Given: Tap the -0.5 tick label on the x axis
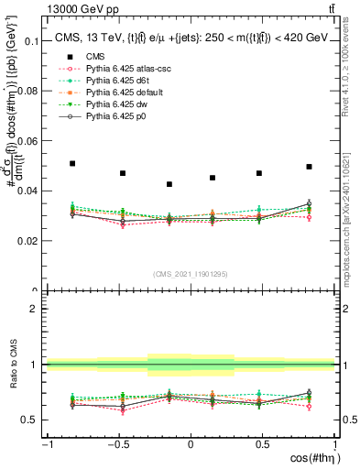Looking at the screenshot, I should (x=117, y=444).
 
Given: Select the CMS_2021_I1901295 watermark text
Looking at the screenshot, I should (x=191, y=274).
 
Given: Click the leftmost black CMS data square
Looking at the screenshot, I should (x=72, y=163).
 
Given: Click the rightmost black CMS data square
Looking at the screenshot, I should (x=310, y=167).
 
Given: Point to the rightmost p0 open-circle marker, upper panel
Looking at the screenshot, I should (x=310, y=203).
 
